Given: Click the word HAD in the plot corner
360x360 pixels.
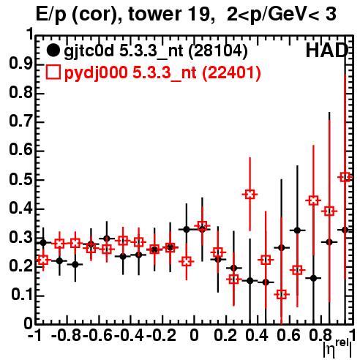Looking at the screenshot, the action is click(x=327, y=50).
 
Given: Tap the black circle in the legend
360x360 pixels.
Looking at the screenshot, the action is click(x=53, y=50).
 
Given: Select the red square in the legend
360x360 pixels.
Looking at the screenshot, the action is click(x=53, y=72).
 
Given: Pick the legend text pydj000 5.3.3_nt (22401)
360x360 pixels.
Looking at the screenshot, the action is click(x=162, y=73).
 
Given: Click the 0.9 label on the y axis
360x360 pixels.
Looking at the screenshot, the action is click(x=20, y=64).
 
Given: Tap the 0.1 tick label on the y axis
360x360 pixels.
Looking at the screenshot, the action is click(x=21, y=296).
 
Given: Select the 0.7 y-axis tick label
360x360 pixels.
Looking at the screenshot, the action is click(x=20, y=122).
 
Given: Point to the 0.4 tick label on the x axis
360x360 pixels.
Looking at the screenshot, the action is click(x=257, y=336).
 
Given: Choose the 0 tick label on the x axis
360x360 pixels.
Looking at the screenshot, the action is click(x=194, y=336).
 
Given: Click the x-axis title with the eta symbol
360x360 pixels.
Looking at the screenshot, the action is click(x=337, y=348).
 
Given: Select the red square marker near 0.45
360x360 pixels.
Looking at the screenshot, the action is click(x=250, y=195).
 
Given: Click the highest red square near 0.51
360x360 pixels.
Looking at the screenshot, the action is click(x=345, y=177).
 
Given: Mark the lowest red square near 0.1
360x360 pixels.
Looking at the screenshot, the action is click(x=282, y=294).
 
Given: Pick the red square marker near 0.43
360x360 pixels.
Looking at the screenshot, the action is click(x=313, y=200).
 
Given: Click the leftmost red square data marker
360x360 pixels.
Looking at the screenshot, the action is click(x=43, y=260).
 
